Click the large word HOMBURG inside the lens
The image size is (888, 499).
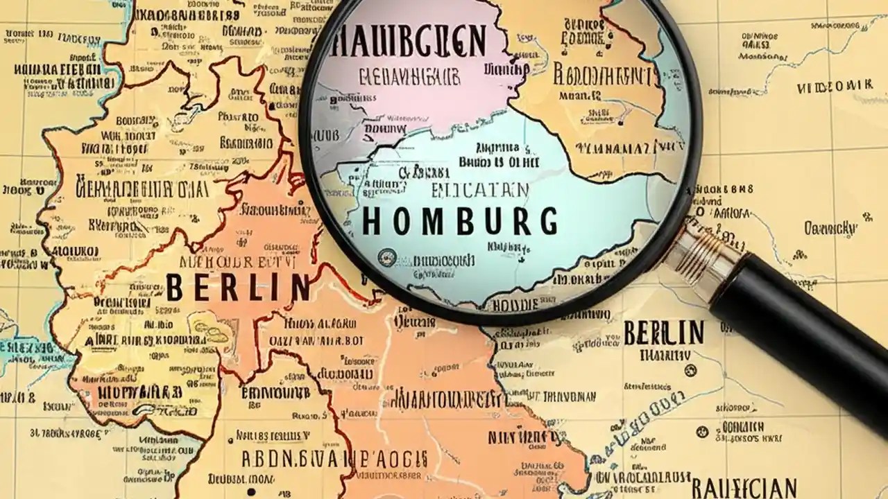pos(460,220)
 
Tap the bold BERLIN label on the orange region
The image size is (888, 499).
pos(237,287)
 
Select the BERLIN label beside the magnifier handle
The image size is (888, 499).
pos(664,333)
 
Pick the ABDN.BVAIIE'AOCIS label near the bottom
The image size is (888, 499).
pos(334,459)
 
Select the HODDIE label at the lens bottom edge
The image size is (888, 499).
pos(510,305)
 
